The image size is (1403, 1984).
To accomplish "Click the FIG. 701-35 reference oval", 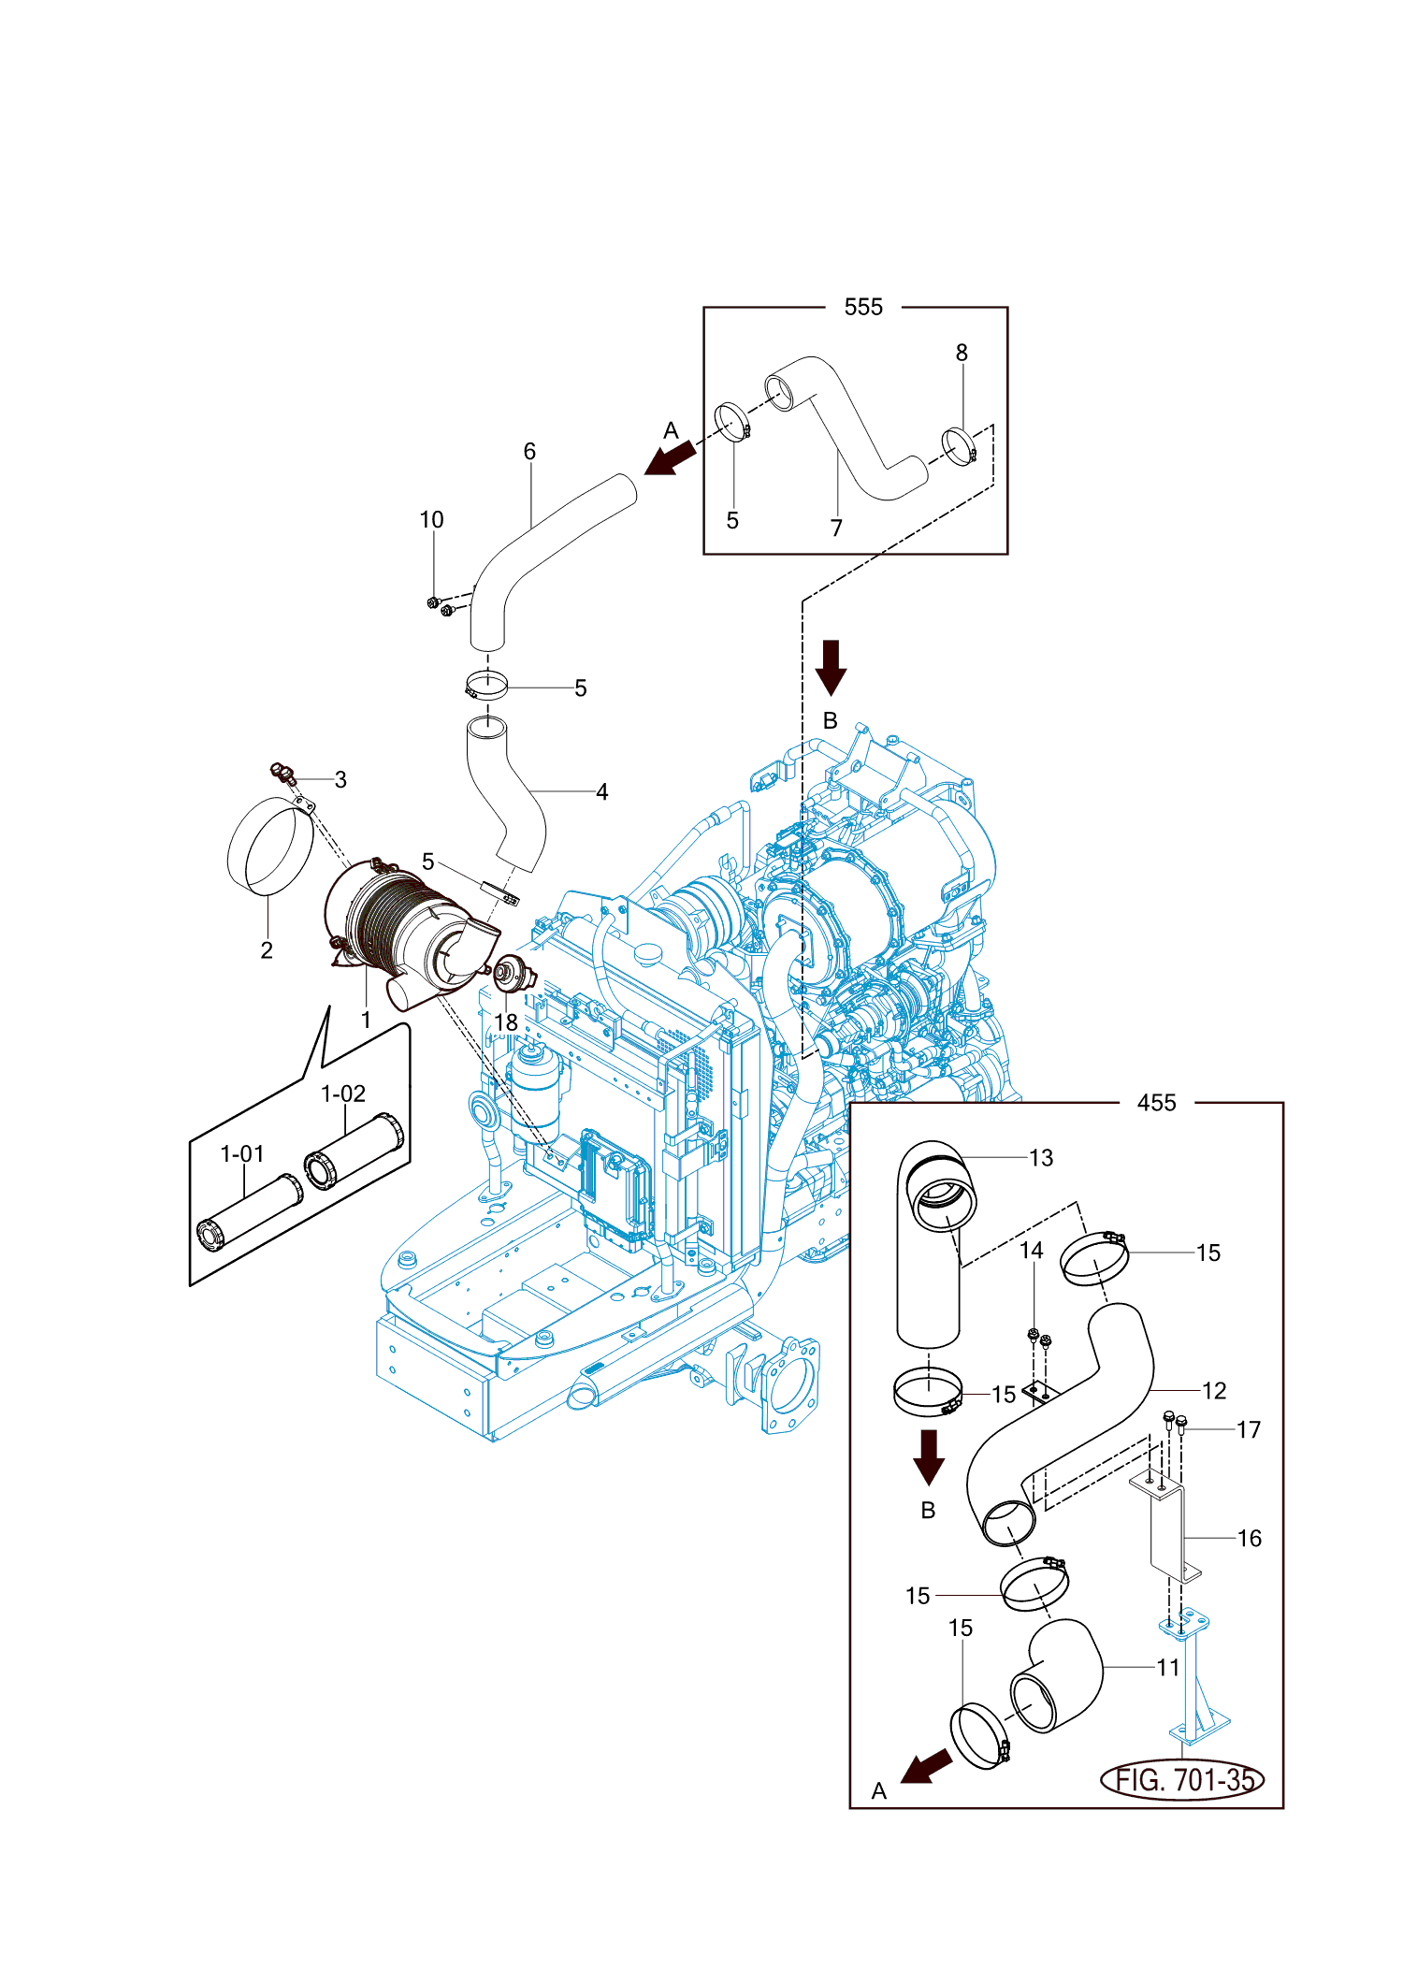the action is pos(1182,1779).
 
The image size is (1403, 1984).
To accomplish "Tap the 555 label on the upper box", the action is pos(863,308).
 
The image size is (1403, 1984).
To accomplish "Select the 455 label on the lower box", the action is pos(1157,1103).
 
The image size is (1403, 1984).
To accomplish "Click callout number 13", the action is pos(1041,1158).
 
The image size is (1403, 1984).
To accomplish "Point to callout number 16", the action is pos(1250,1538).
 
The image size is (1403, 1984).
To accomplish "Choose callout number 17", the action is pos(1249,1429).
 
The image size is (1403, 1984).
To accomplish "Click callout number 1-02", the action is pos(343,1093).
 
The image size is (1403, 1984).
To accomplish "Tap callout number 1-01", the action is pos(242,1154).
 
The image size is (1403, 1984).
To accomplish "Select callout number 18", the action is pos(506,1023).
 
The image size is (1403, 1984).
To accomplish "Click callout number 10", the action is pos(431,520).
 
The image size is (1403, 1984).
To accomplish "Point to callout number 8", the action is pos(962,353).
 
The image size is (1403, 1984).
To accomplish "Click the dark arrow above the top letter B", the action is pos(831,668).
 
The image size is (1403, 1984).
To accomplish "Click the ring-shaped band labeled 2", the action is pos(270,846).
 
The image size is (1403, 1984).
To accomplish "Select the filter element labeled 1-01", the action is pos(250,1211).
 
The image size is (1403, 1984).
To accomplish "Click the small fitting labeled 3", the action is pos(282,774).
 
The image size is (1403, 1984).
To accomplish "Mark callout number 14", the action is pos(1031,1251).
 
